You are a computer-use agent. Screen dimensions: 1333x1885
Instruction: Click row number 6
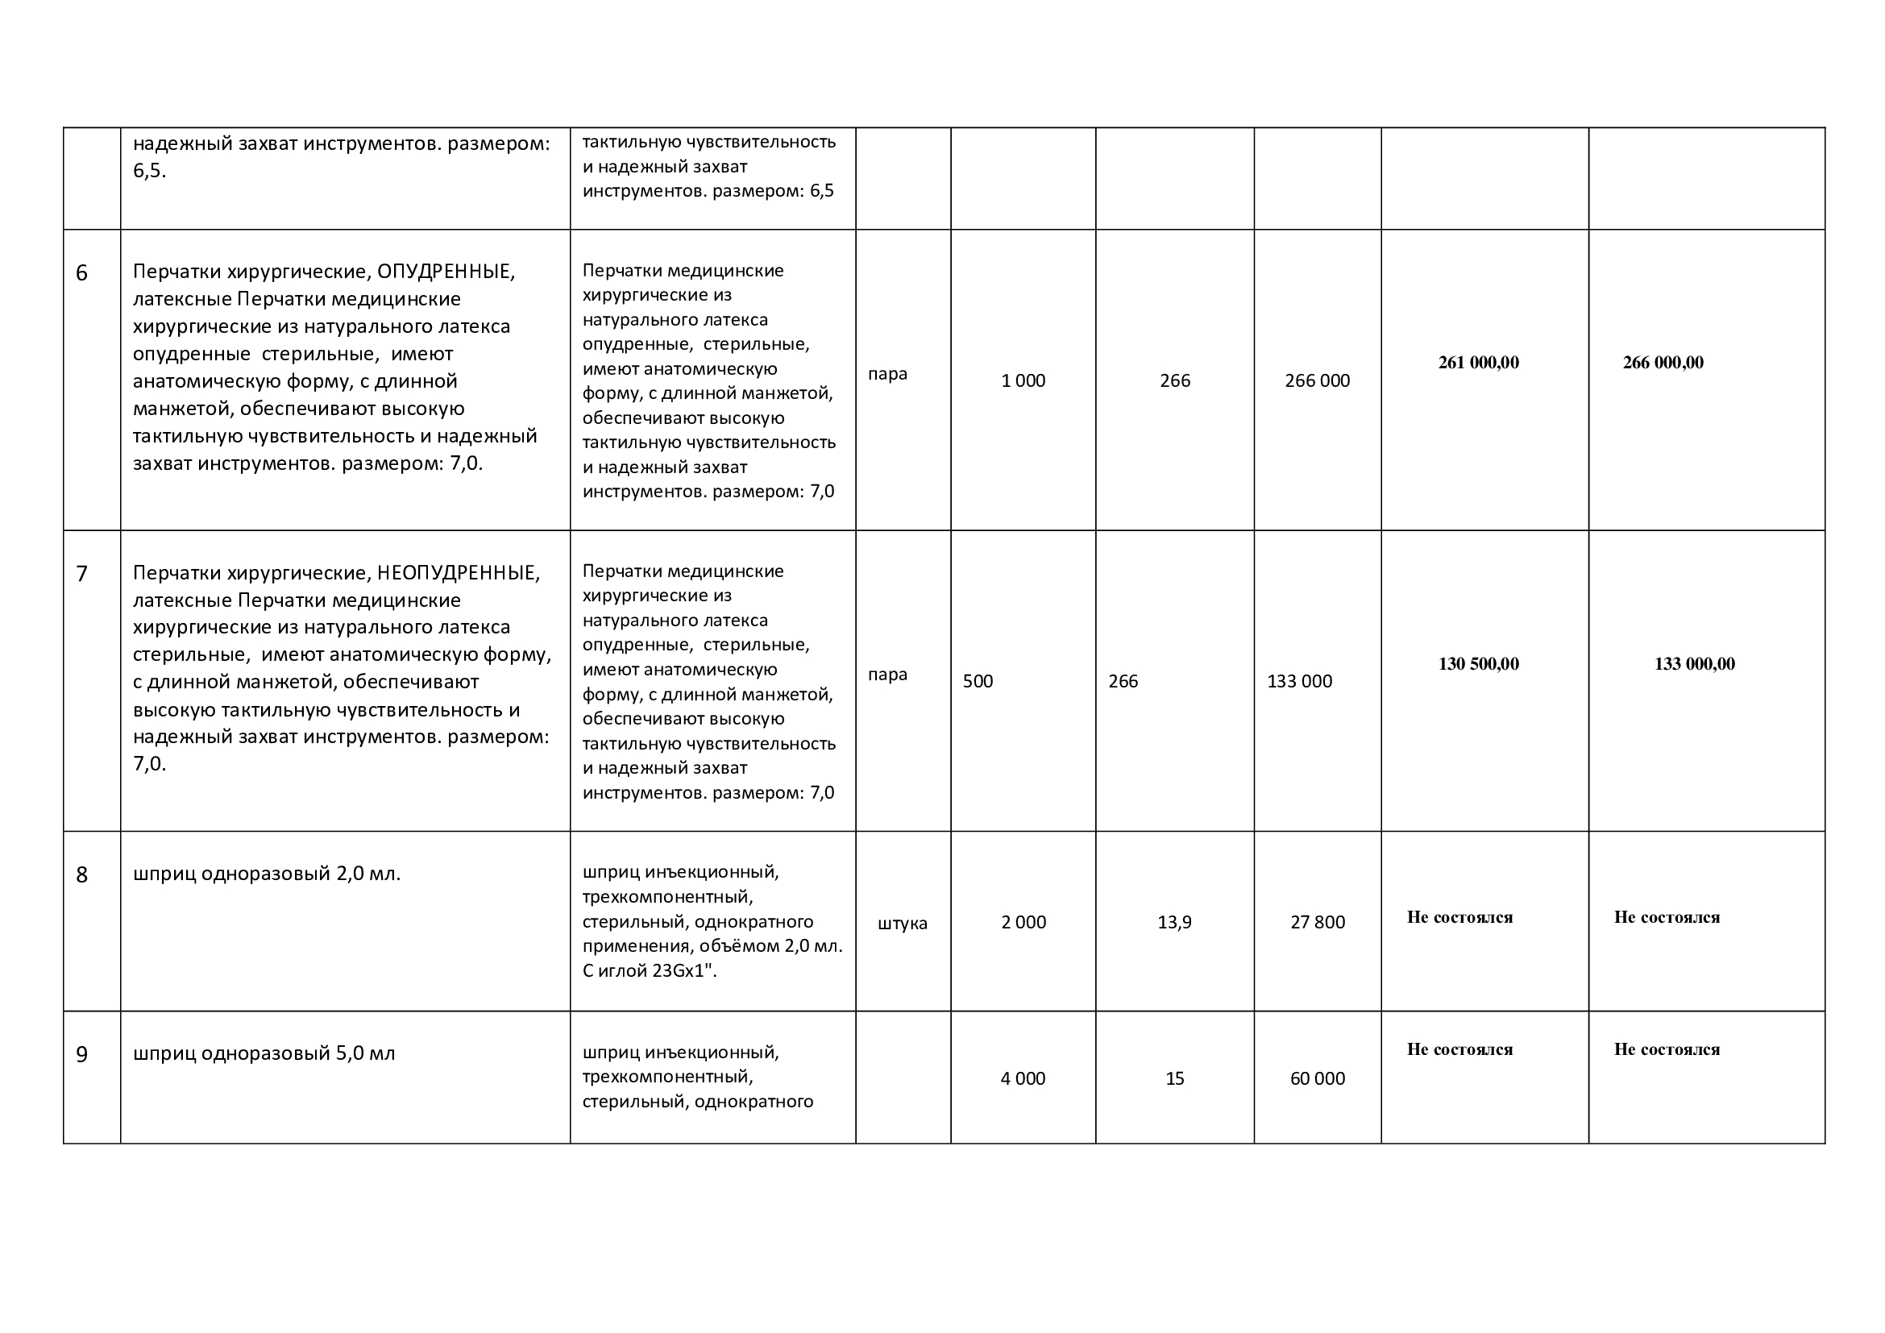pos(81,273)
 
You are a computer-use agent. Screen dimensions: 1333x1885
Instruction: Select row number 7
pos(81,574)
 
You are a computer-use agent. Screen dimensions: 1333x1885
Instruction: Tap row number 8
pos(81,875)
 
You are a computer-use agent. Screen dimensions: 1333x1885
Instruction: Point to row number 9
pos(81,1055)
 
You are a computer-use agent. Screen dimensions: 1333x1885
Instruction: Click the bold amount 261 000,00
pos(1478,363)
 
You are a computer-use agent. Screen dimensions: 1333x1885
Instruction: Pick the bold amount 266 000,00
pos(1663,363)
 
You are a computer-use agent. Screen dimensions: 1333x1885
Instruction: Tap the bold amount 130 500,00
pos(1478,664)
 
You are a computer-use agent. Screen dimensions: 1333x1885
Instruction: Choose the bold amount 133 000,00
pos(1694,664)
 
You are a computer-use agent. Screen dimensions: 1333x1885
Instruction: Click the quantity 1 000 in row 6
pos(1023,381)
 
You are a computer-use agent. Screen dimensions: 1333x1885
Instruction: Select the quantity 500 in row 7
pos(978,681)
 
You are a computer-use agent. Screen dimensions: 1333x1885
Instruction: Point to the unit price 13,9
pos(1174,923)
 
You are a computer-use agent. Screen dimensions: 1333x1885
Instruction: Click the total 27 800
pos(1317,923)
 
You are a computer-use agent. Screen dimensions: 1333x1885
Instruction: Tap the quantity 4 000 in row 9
pos(1023,1078)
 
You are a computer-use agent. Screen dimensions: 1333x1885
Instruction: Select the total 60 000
pos(1317,1078)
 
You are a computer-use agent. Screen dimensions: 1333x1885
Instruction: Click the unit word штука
pos(903,924)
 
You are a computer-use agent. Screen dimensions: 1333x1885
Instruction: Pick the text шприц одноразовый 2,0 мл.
pos(267,874)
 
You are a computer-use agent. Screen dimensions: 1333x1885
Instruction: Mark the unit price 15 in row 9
pos(1174,1078)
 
